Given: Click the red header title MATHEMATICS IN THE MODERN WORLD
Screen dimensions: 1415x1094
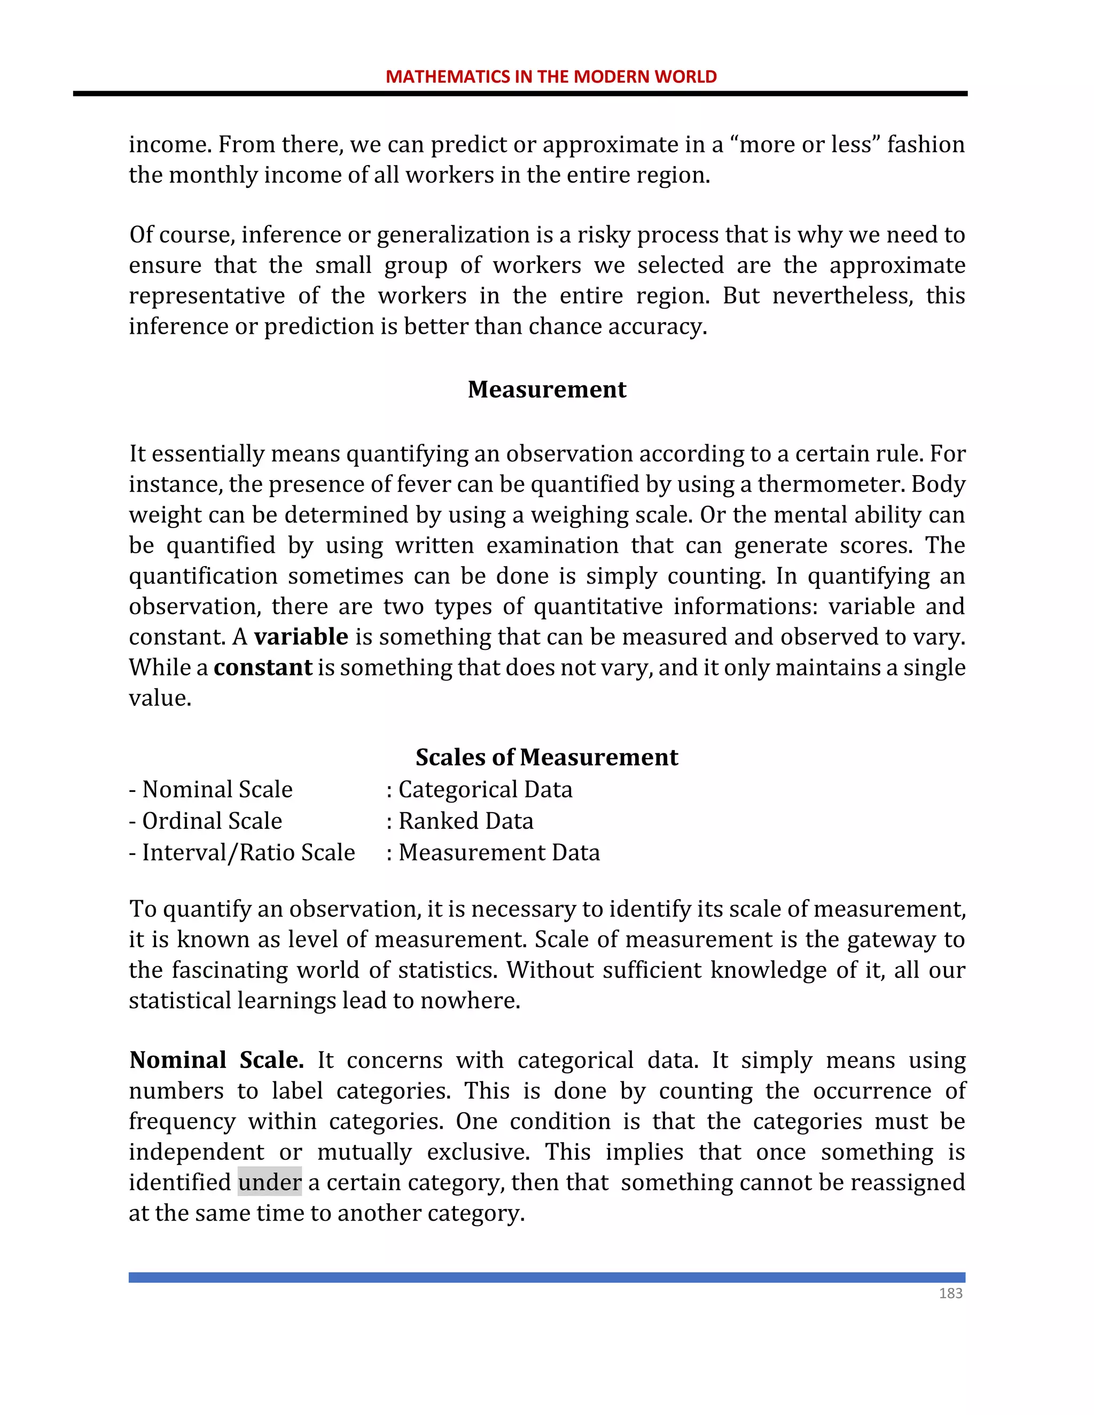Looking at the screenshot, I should (x=551, y=76).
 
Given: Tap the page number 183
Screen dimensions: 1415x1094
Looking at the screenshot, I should (x=950, y=1293).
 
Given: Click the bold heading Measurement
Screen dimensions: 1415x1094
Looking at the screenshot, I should (x=546, y=389).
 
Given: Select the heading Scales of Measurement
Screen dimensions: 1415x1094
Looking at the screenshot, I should (x=546, y=757).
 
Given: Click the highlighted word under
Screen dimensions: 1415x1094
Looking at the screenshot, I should (x=270, y=1182).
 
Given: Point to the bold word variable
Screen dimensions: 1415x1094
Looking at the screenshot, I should (x=301, y=637).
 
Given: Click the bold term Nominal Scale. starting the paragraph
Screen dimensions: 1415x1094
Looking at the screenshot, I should (x=216, y=1060).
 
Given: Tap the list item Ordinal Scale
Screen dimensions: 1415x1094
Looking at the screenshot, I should (x=212, y=821).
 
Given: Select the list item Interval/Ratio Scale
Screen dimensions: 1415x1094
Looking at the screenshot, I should (x=248, y=853).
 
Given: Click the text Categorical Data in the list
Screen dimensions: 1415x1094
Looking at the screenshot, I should (x=485, y=789).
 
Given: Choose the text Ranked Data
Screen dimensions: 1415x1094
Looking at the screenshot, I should (x=465, y=821).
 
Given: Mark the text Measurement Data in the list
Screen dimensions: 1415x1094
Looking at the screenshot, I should (x=498, y=853).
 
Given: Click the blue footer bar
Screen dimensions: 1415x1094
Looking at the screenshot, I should (x=546, y=1277).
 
